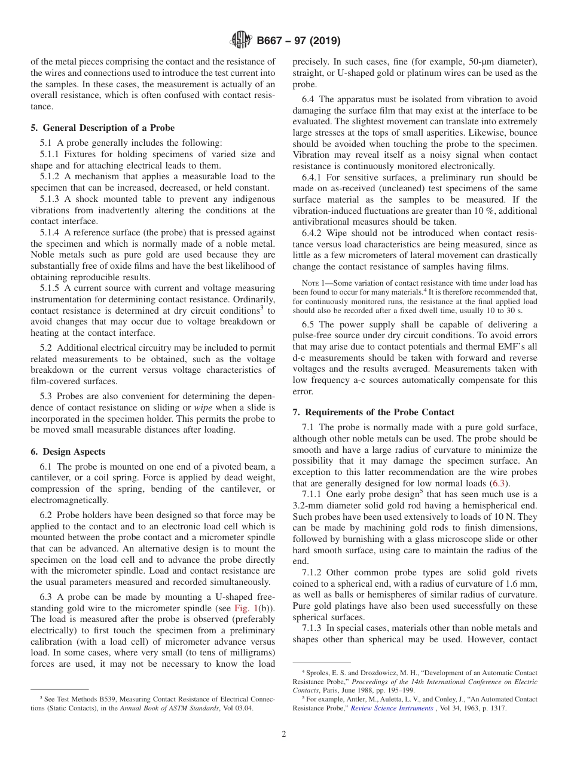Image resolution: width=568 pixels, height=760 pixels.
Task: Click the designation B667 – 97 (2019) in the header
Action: (298, 41)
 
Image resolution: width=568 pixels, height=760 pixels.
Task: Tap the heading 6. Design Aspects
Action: (68, 452)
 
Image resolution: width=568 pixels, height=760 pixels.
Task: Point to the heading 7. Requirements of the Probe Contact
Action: (373, 412)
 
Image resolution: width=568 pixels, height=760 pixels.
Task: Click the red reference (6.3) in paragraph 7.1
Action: (499, 483)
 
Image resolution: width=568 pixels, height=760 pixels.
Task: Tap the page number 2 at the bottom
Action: (284, 734)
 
